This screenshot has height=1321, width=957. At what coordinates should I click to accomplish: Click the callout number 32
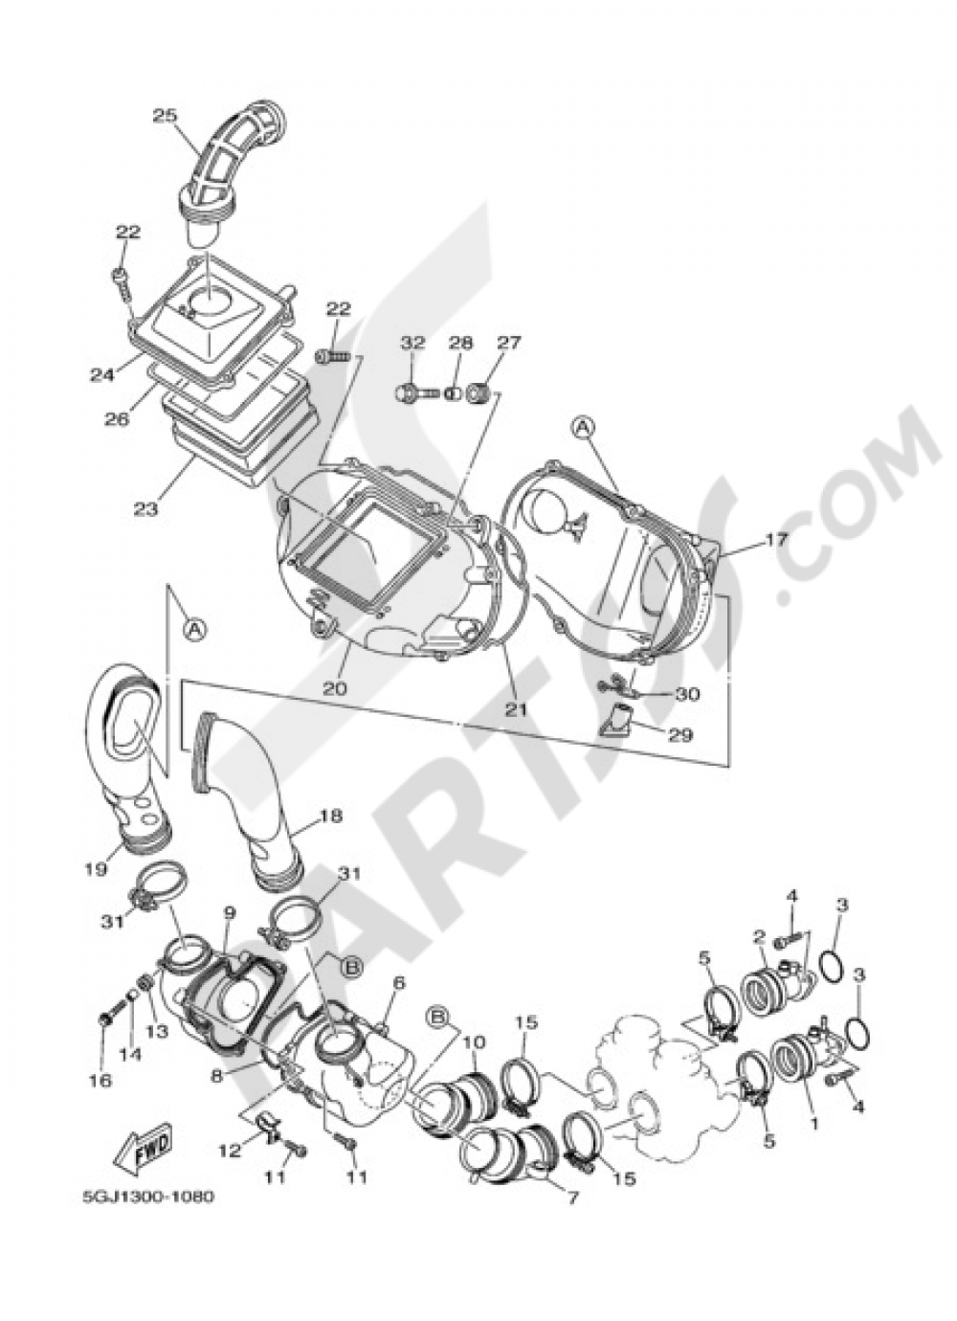413,342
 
